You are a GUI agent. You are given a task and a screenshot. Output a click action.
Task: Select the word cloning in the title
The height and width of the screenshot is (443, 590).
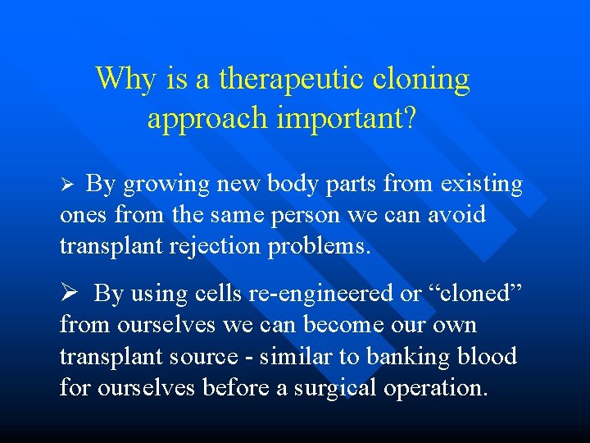422,80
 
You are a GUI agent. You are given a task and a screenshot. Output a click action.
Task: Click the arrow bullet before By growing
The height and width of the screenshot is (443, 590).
69,185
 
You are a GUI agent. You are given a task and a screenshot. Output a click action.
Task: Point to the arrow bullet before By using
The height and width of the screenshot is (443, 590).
70,293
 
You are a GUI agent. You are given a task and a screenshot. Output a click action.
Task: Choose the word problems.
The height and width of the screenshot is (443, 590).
320,246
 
